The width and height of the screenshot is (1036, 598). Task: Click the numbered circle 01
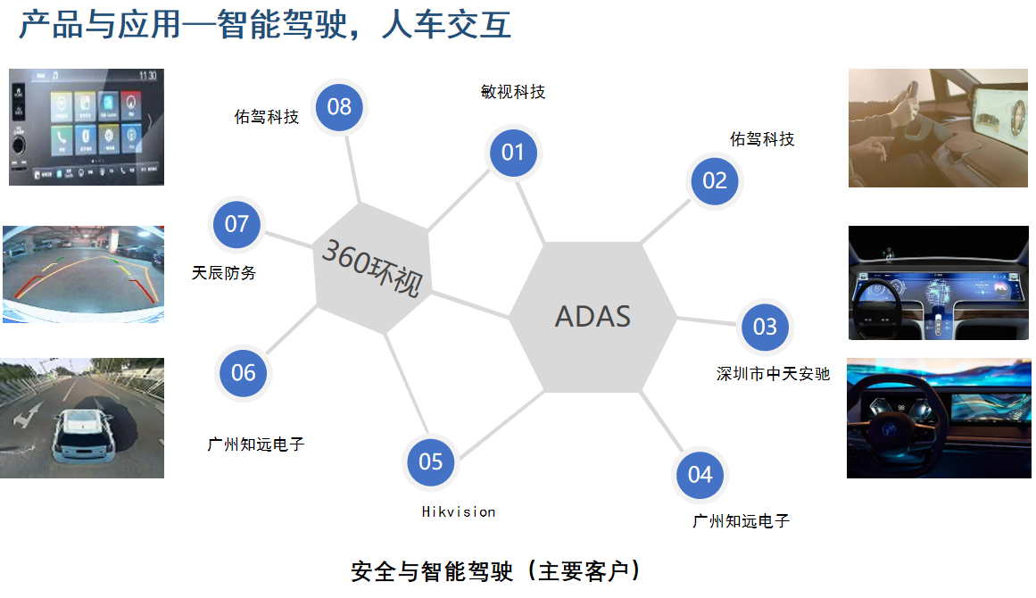coord(512,153)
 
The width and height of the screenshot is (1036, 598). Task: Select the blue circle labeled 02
coord(715,181)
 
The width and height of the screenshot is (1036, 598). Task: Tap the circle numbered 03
coord(765,327)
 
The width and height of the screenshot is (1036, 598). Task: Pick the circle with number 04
coord(700,474)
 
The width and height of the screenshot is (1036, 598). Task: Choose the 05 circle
coord(431,461)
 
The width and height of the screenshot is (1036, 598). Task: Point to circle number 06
coord(244,372)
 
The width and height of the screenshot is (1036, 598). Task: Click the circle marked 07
coord(236,223)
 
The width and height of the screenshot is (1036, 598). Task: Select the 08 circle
coord(339,107)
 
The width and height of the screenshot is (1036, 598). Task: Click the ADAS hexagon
coord(593,316)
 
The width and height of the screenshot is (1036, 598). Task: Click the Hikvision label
coord(459,512)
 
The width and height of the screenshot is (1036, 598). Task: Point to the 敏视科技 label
coord(512,92)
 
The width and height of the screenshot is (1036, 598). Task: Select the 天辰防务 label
coord(224,273)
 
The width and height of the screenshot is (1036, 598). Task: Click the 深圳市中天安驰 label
coord(773,374)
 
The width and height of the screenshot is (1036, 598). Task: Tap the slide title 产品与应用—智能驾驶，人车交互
coord(265,25)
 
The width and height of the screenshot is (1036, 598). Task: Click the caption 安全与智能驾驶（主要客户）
coord(496,571)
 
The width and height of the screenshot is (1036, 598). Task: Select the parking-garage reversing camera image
coord(83,274)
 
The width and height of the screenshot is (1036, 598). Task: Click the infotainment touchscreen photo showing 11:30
coord(87,127)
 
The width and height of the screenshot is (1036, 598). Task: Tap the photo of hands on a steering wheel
coord(939,129)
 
